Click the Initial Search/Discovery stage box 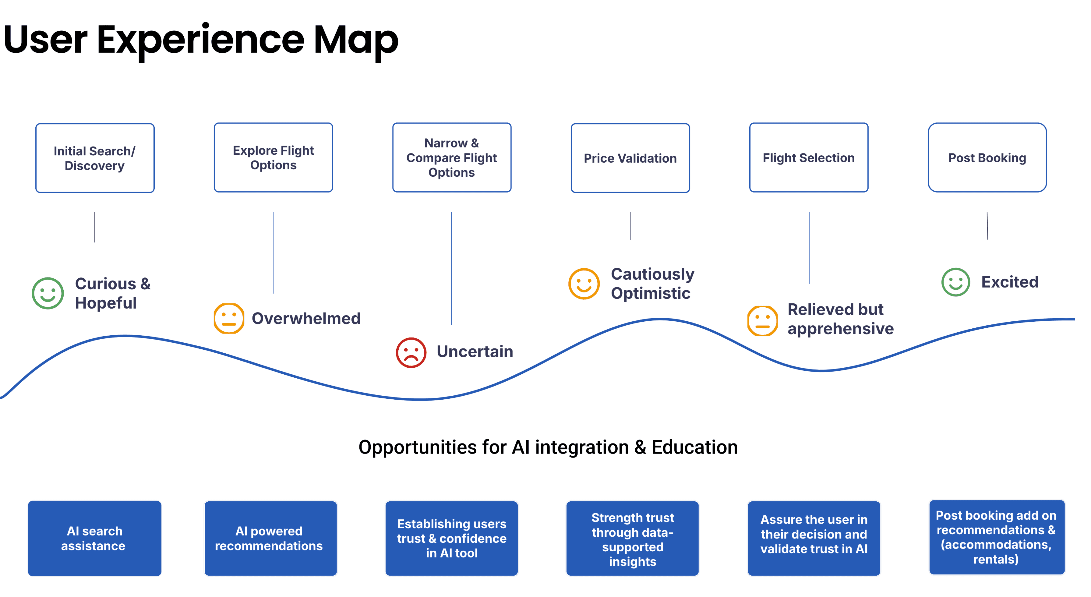pos(95,158)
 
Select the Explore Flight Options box pos(273,157)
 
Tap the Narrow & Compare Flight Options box pos(451,157)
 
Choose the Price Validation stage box pos(630,158)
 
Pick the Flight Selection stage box pos(809,157)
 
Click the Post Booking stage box pos(987,157)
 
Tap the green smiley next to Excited pos(955,282)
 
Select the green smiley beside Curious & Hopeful pos(48,293)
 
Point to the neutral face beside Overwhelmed pos(229,318)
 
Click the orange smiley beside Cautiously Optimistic pos(584,284)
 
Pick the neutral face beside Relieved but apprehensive pos(762,320)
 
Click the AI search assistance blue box pos(94,538)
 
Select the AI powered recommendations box pos(270,538)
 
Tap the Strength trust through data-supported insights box pos(632,538)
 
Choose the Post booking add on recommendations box pos(996,537)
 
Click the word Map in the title pos(356,40)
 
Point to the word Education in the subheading pos(694,447)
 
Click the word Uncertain pos(475,351)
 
